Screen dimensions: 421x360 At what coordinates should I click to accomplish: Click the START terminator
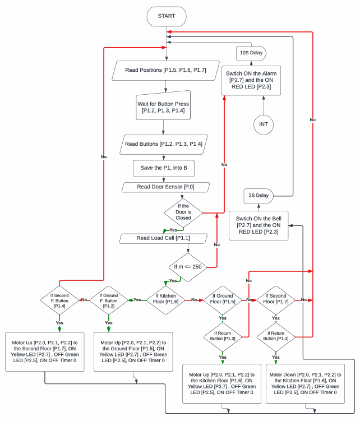click(x=167, y=16)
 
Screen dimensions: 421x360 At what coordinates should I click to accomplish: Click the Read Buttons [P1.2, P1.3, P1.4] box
click(x=163, y=144)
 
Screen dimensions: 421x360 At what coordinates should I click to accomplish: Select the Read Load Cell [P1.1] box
click(x=163, y=238)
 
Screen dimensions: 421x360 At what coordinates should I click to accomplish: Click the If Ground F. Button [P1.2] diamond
click(x=109, y=300)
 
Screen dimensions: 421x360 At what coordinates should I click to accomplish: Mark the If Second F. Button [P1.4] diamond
click(x=59, y=300)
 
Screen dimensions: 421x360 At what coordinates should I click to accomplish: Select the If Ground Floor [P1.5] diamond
click(x=223, y=300)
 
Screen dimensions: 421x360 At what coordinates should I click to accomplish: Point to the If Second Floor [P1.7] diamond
click(x=275, y=300)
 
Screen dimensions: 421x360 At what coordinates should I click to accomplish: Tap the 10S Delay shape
click(x=251, y=53)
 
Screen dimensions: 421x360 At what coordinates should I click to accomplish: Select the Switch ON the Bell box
click(x=259, y=225)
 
